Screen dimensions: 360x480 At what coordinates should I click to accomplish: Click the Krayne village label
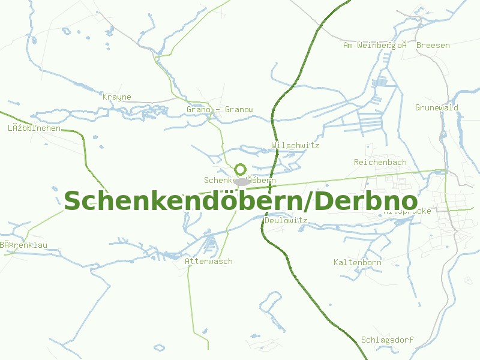tap(117, 97)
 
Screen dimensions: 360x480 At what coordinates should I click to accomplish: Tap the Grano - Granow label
tap(220, 110)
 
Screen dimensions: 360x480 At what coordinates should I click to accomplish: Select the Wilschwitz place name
tap(295, 146)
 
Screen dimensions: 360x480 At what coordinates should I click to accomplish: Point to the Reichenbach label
tap(380, 163)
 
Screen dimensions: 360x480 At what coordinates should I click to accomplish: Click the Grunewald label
tap(436, 108)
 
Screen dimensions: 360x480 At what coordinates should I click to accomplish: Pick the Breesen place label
tap(433, 46)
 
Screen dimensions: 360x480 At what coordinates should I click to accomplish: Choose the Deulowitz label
tap(286, 221)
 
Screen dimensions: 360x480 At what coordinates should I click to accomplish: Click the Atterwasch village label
tap(208, 262)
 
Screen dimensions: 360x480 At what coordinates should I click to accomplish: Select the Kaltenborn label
tap(358, 263)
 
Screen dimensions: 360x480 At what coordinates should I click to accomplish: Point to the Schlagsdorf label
tap(387, 340)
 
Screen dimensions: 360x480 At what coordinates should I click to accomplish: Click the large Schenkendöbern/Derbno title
tap(240, 201)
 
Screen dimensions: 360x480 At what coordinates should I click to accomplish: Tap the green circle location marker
tap(241, 170)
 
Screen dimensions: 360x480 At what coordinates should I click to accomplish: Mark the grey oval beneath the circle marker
tap(242, 181)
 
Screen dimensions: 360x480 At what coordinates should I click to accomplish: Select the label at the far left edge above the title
tap(34, 128)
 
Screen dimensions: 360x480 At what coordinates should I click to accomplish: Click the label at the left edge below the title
tap(23, 245)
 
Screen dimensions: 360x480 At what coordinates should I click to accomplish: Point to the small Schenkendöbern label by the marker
tap(239, 180)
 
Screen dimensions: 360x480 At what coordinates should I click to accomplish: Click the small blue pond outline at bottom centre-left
tap(159, 347)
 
